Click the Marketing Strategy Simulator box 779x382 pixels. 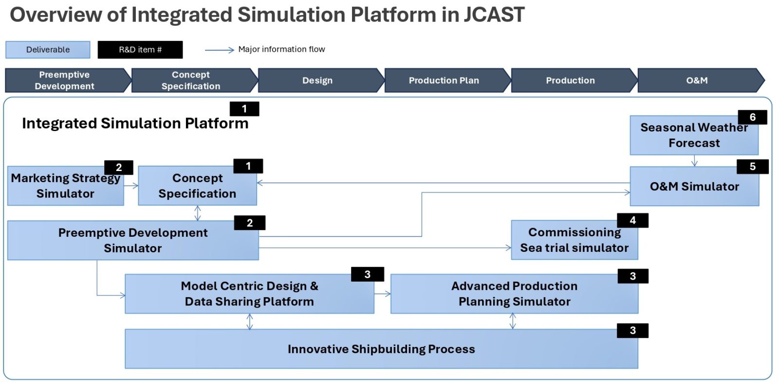coord(65,186)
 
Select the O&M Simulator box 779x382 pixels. coord(694,187)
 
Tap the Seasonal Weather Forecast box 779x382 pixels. coord(693,135)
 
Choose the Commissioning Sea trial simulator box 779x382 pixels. coord(574,240)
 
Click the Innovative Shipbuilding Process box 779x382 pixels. coord(381,349)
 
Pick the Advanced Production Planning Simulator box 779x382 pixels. coord(514,294)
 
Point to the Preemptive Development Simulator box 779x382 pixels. coord(132,240)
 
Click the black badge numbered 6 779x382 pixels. coord(752,117)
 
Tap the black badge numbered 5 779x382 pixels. coord(752,167)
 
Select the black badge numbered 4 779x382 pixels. coord(632,220)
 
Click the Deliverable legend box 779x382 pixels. coord(48,50)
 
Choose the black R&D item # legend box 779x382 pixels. coord(140,50)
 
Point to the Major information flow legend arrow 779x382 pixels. coord(220,50)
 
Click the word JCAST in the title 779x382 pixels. coord(494,15)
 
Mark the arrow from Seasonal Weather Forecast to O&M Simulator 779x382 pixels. coord(694,161)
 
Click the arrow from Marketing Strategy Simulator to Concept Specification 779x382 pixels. coord(131,186)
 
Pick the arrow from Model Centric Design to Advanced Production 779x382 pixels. coord(383,294)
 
